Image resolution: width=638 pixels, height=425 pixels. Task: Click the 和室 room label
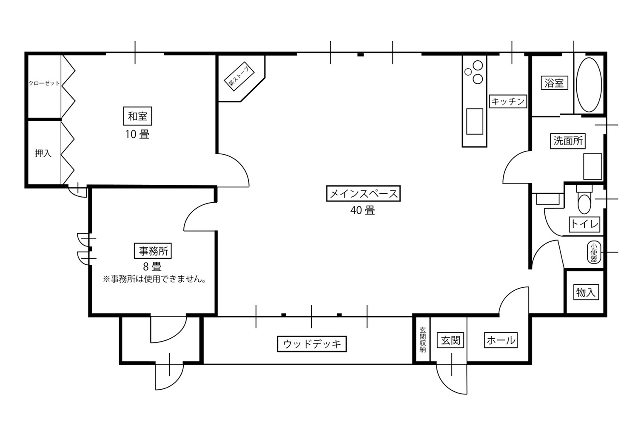(x=137, y=116)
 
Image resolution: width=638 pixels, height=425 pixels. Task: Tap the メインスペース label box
(x=363, y=194)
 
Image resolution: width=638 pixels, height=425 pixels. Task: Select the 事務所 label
(x=153, y=251)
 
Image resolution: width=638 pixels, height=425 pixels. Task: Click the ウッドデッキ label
(x=312, y=343)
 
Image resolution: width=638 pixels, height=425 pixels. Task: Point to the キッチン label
(x=508, y=101)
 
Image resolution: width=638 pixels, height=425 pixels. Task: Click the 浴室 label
(x=554, y=83)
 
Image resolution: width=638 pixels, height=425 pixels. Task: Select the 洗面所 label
(x=568, y=140)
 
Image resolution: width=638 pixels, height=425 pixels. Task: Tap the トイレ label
(x=584, y=224)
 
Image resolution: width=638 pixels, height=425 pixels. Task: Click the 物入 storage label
(x=585, y=292)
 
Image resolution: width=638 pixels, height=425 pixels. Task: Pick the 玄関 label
(x=450, y=340)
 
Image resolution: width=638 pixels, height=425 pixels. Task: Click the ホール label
(x=501, y=340)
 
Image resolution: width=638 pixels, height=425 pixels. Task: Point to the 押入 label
(x=43, y=153)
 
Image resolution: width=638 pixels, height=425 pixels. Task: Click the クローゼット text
(x=44, y=83)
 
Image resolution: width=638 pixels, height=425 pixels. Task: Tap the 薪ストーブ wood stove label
(x=238, y=78)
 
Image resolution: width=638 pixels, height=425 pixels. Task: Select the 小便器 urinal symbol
(x=594, y=252)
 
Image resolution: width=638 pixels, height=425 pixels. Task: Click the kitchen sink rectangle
(x=474, y=121)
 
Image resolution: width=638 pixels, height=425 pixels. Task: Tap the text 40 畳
(x=362, y=210)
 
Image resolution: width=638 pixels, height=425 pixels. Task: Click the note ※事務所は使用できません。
(x=154, y=280)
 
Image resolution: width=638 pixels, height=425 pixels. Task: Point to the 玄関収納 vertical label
(x=422, y=340)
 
